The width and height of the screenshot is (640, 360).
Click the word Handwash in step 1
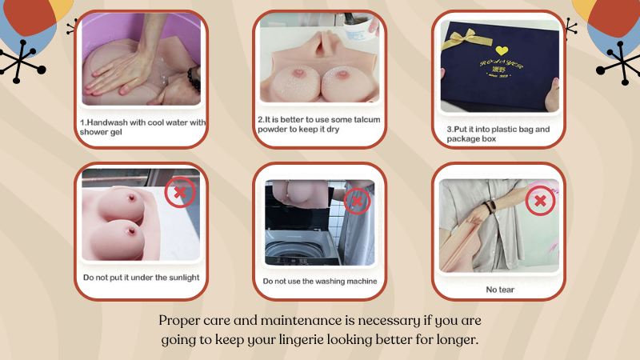(x=105, y=122)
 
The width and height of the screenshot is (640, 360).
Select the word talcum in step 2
(x=366, y=119)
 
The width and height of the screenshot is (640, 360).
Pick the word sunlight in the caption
(x=182, y=278)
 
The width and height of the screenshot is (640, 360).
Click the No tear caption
(x=500, y=290)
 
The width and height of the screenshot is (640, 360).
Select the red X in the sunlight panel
(x=180, y=192)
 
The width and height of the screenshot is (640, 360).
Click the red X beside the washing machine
(x=357, y=201)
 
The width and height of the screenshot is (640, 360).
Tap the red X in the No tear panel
(x=540, y=201)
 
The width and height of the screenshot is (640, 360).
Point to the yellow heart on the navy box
(x=502, y=50)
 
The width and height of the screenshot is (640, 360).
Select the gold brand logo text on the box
(x=501, y=67)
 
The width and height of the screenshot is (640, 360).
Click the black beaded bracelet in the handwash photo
(x=194, y=78)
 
